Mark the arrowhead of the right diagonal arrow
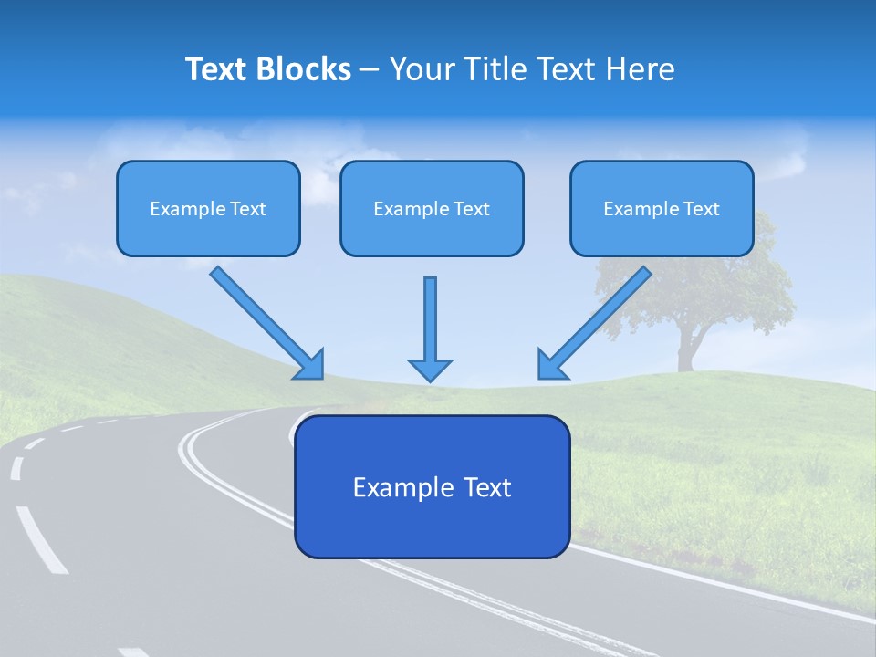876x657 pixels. pyautogui.click(x=550, y=364)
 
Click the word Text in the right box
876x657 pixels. pyautogui.click(x=701, y=209)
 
